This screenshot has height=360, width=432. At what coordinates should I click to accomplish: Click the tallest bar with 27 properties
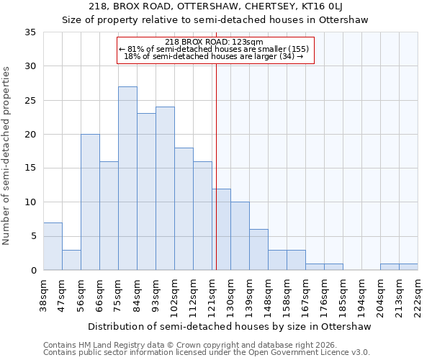[127, 178]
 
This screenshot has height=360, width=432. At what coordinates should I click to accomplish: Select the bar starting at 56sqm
[90, 202]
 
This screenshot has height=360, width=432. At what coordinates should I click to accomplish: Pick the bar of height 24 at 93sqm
[165, 188]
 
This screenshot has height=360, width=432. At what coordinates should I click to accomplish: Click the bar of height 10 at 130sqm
[240, 235]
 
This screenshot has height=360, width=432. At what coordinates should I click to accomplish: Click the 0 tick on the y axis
[33, 270]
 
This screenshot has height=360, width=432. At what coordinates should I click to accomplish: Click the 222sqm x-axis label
[418, 295]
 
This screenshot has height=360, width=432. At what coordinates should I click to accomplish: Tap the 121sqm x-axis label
[212, 295]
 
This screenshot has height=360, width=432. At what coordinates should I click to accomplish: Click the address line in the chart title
[230, 6]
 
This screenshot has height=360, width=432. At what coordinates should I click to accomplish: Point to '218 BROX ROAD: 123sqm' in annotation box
[215, 42]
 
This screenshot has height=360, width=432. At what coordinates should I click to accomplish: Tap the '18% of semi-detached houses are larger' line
[214, 56]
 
